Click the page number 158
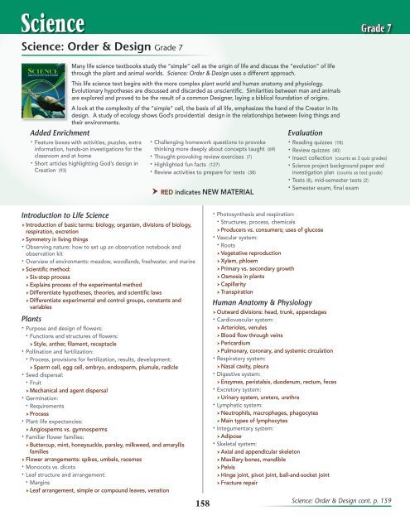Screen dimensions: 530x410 click(x=204, y=500)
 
